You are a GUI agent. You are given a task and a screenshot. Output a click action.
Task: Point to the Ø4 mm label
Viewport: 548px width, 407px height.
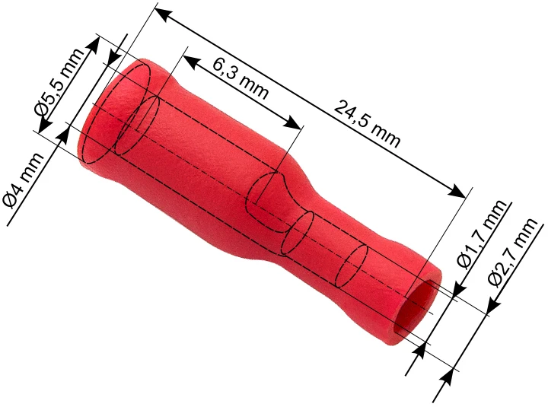(x=23, y=180)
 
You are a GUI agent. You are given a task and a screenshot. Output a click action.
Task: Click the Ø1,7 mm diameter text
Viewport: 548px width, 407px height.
(x=482, y=235)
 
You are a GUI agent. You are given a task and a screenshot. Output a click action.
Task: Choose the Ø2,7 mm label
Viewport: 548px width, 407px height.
(x=512, y=253)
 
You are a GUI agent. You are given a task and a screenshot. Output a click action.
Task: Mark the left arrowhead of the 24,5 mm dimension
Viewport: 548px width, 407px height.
(x=163, y=13)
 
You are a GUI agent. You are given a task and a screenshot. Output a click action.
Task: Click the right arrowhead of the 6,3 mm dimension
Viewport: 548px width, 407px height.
(x=293, y=122)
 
